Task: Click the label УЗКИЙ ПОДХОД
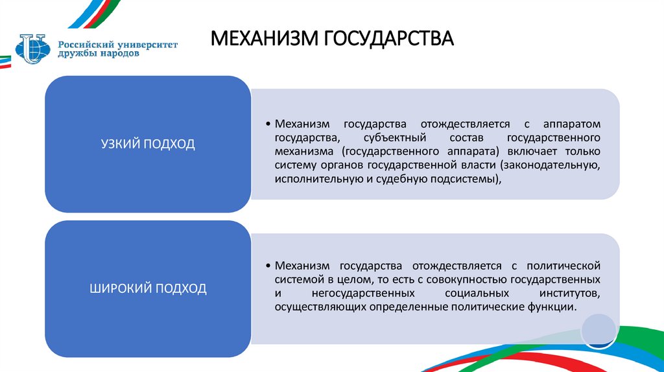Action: coord(147,144)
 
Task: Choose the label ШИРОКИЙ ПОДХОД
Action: coord(147,288)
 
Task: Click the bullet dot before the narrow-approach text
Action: coord(268,124)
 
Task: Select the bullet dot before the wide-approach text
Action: coord(268,266)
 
